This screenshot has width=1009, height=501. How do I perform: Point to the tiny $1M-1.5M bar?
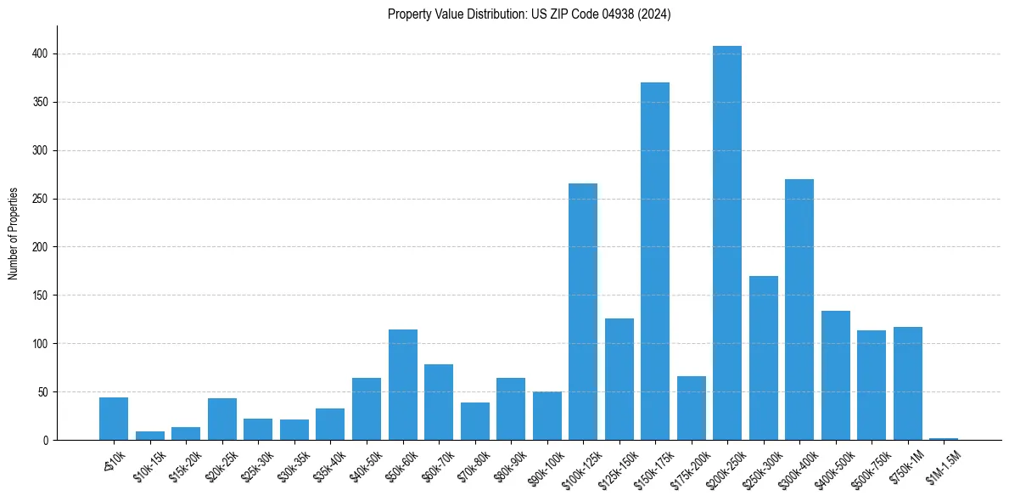tap(944, 439)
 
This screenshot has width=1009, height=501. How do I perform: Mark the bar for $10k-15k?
tap(150, 436)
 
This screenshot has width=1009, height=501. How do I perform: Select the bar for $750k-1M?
tap(908, 383)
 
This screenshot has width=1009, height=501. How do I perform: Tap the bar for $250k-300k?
tap(764, 357)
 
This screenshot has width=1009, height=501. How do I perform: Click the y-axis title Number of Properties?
tap(14, 233)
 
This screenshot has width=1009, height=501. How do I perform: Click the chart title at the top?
tap(529, 14)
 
